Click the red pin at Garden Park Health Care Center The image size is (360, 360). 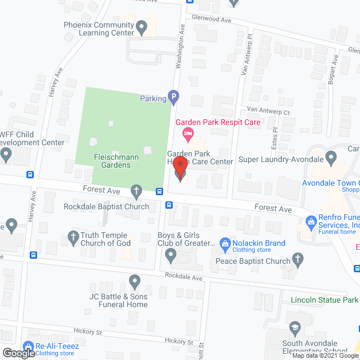pyautogui.click(x=180, y=169)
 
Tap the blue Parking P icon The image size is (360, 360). pyautogui.click(x=174, y=98)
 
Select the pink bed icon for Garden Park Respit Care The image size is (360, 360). pyautogui.click(x=188, y=134)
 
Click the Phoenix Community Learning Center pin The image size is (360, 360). pyautogui.click(x=142, y=26)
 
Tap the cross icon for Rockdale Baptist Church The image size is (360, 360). pyautogui.click(x=136, y=190)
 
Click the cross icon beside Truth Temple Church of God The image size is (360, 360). pyautogui.click(x=73, y=237)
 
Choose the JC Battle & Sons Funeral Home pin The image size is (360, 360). pyautogui.click(x=134, y=281)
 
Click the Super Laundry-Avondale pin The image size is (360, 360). pyautogui.click(x=331, y=157)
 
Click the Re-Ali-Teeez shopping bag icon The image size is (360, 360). pyautogui.click(x=28, y=346)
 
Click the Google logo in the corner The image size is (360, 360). pyautogui.click(x=18, y=352)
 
